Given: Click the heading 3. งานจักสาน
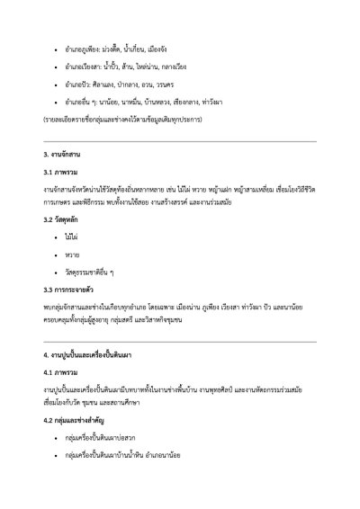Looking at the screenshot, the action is [x=64, y=156].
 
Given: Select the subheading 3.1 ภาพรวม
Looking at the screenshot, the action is [x=61, y=171].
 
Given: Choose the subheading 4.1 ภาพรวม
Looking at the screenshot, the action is [x=61, y=371].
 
